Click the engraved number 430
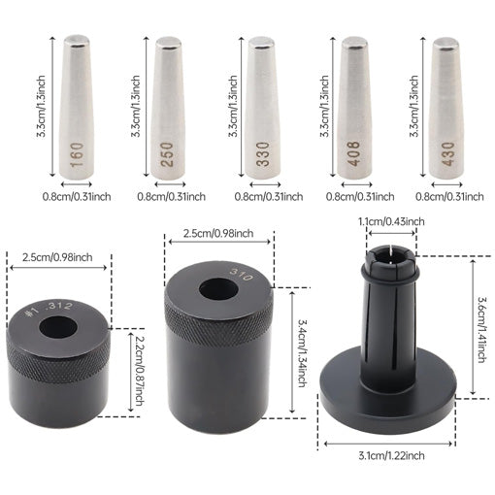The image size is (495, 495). [445, 153]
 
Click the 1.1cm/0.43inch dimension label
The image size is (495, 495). [390, 222]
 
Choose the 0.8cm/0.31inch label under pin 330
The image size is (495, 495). [260, 196]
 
